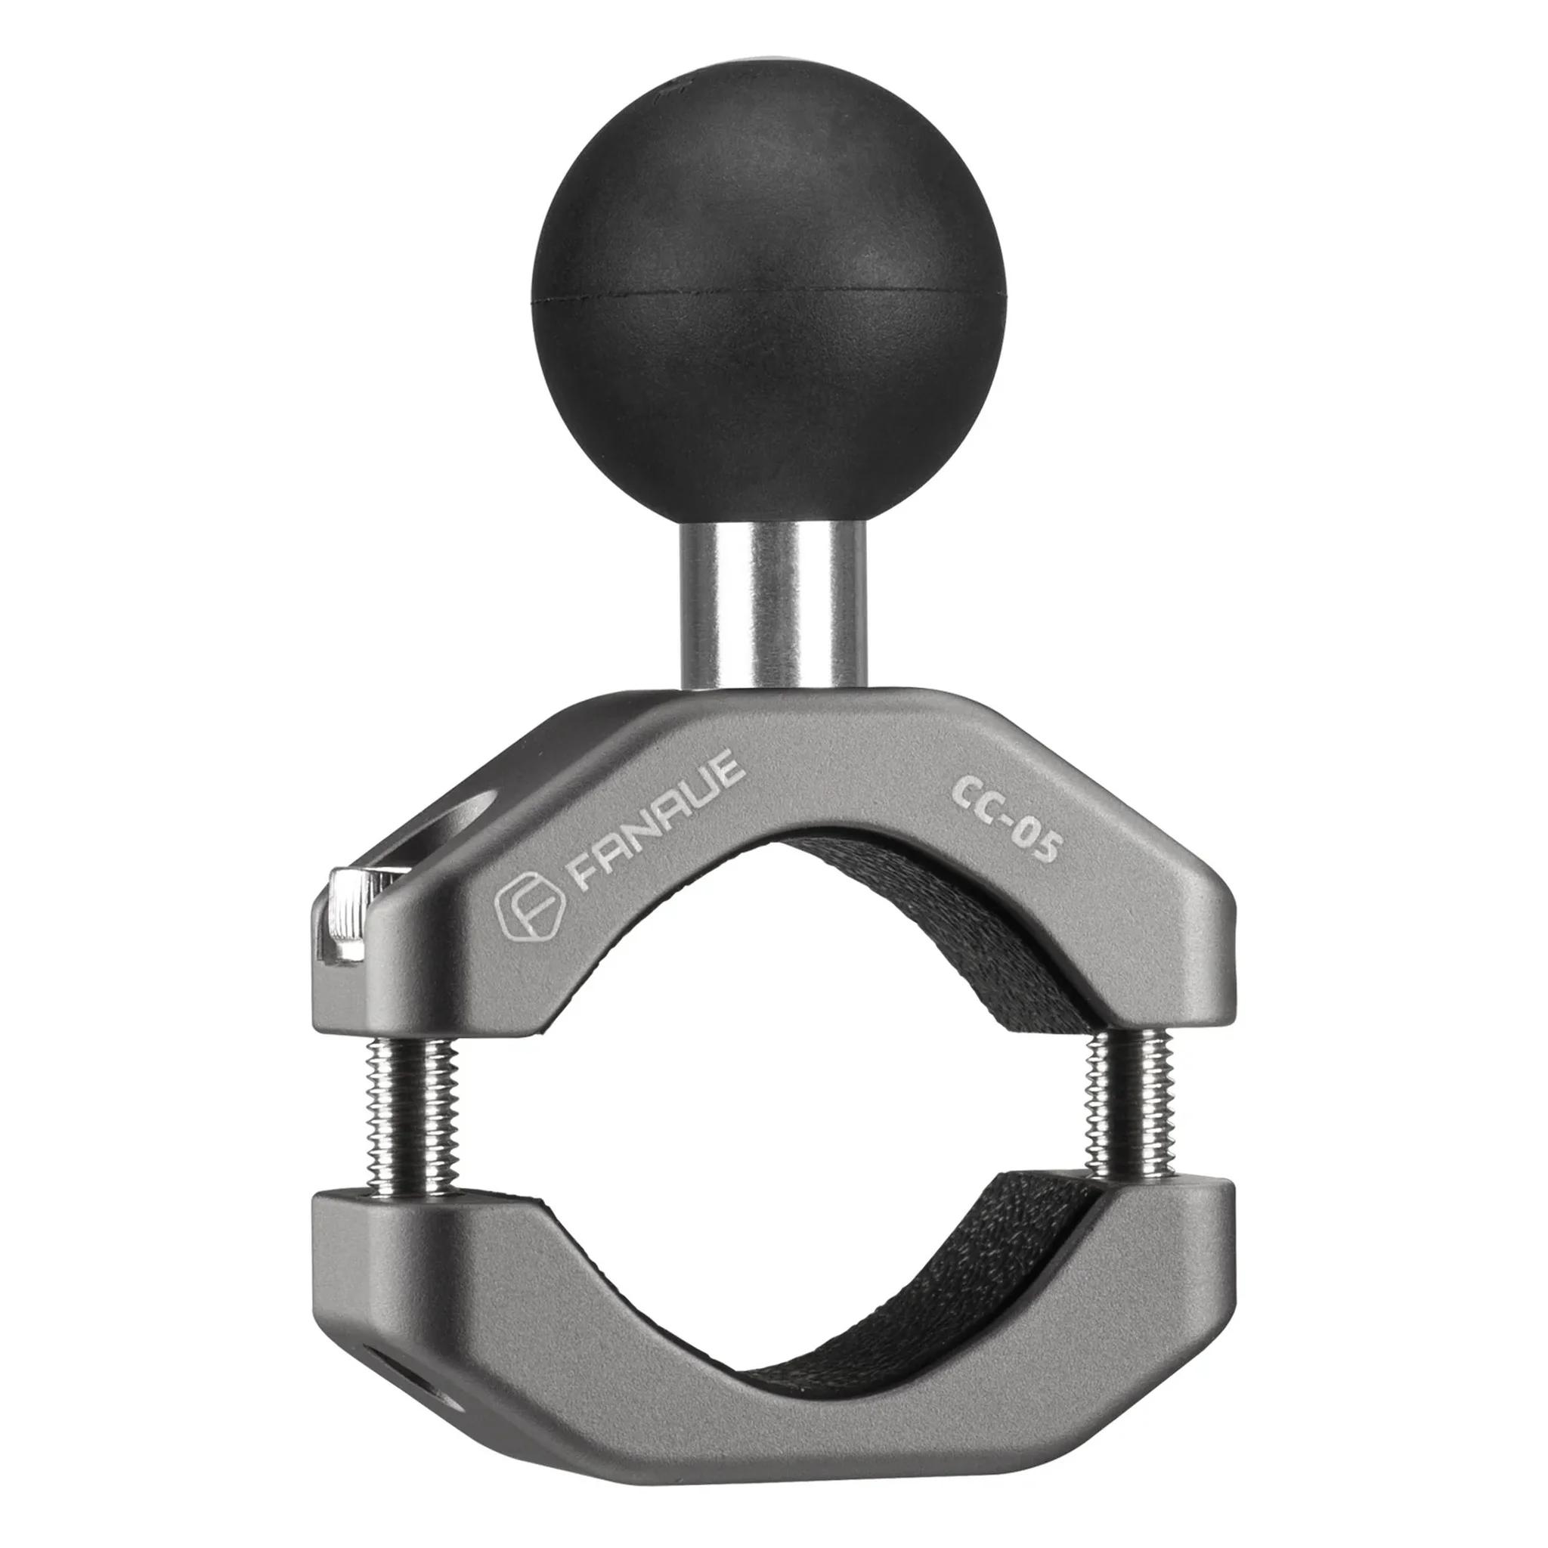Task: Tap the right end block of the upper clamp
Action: (1162, 961)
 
